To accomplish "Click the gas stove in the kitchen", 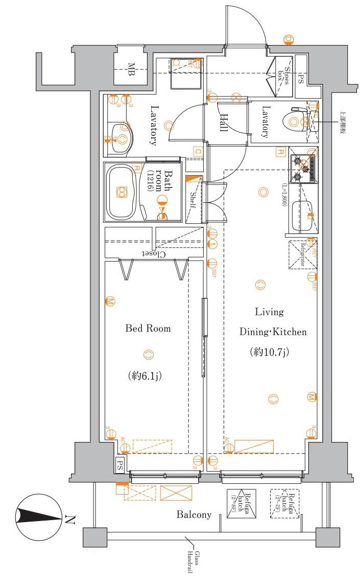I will pos(303,169).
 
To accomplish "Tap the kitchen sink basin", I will pos(301,215).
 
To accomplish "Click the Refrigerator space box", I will pos(303,254).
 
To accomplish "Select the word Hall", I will pos(223,123).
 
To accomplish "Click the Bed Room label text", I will pos(148,329).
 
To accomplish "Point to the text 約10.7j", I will pos(270,352).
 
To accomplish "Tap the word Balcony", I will pos(194,514).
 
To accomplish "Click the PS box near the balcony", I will pos(119,465).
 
